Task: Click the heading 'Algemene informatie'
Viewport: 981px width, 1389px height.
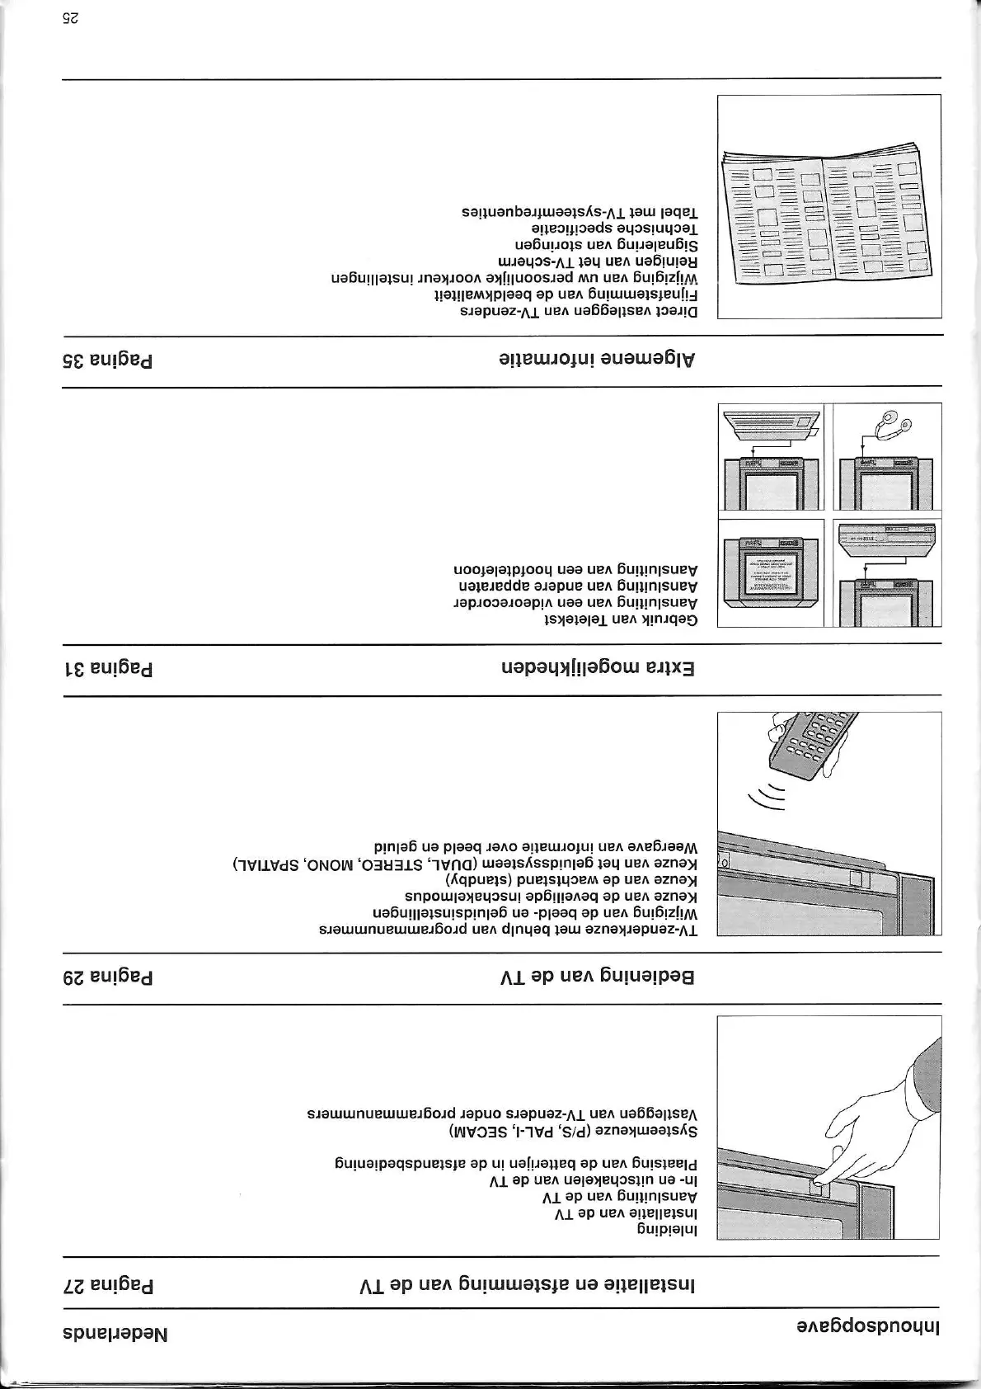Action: coord(597,360)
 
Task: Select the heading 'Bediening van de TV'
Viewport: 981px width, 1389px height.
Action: coord(597,977)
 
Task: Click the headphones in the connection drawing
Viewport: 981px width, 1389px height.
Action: coord(894,426)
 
